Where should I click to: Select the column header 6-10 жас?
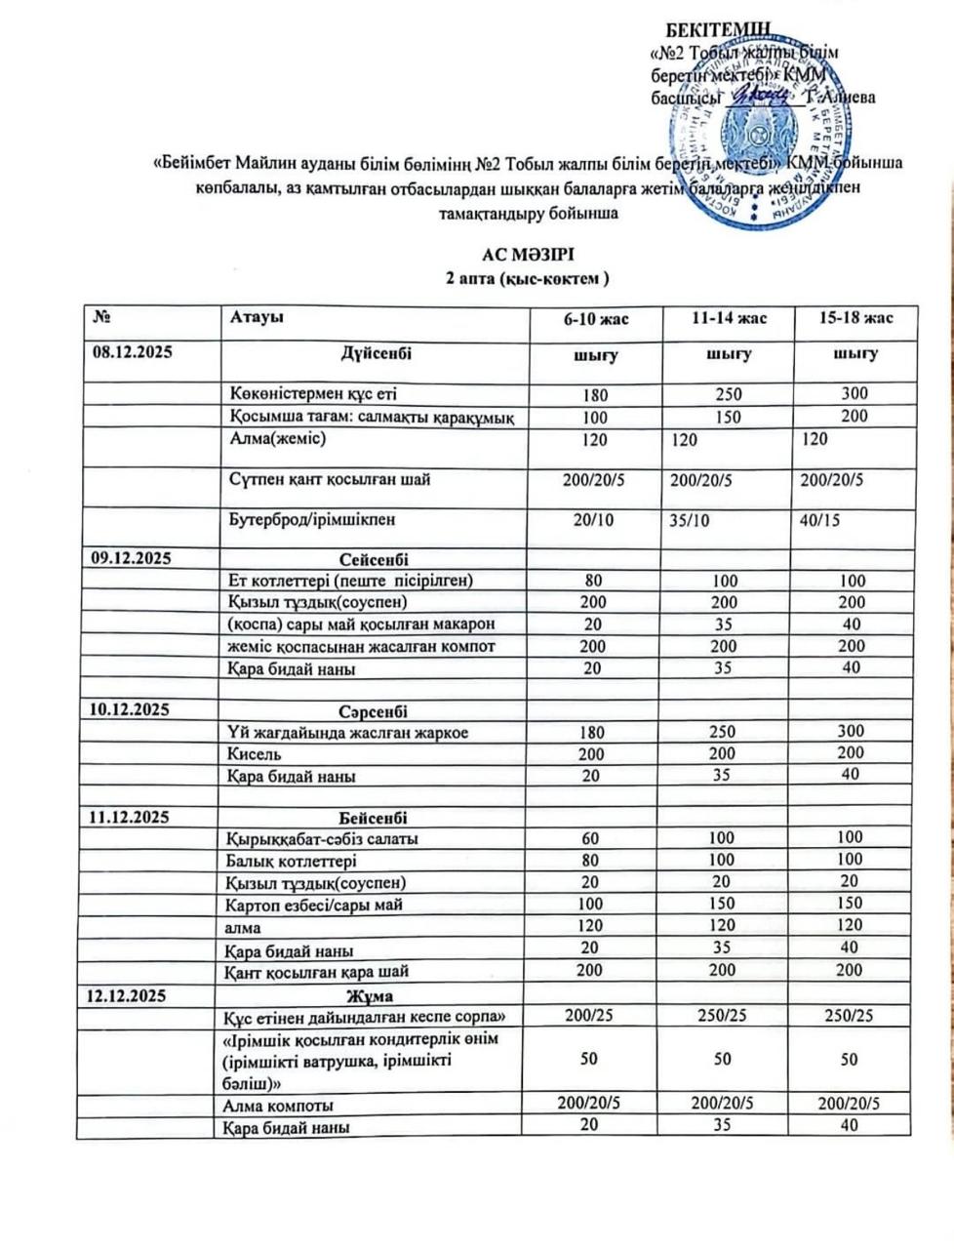tap(592, 319)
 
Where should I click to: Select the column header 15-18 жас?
tap(855, 319)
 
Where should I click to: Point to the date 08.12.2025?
tap(132, 352)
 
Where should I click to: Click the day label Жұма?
tap(371, 995)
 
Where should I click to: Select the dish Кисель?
tap(256, 754)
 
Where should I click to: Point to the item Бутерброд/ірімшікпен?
tap(313, 520)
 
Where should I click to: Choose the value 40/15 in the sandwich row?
tap(819, 520)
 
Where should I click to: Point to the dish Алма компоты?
tap(282, 1106)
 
